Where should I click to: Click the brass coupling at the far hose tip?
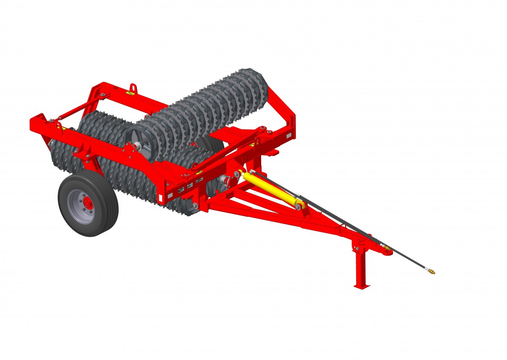(x=431, y=270)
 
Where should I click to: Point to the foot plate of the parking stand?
(x=362, y=286)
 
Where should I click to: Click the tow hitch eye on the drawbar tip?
(x=387, y=252)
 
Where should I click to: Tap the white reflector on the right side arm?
(x=289, y=136)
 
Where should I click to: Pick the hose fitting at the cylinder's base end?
(x=252, y=172)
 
